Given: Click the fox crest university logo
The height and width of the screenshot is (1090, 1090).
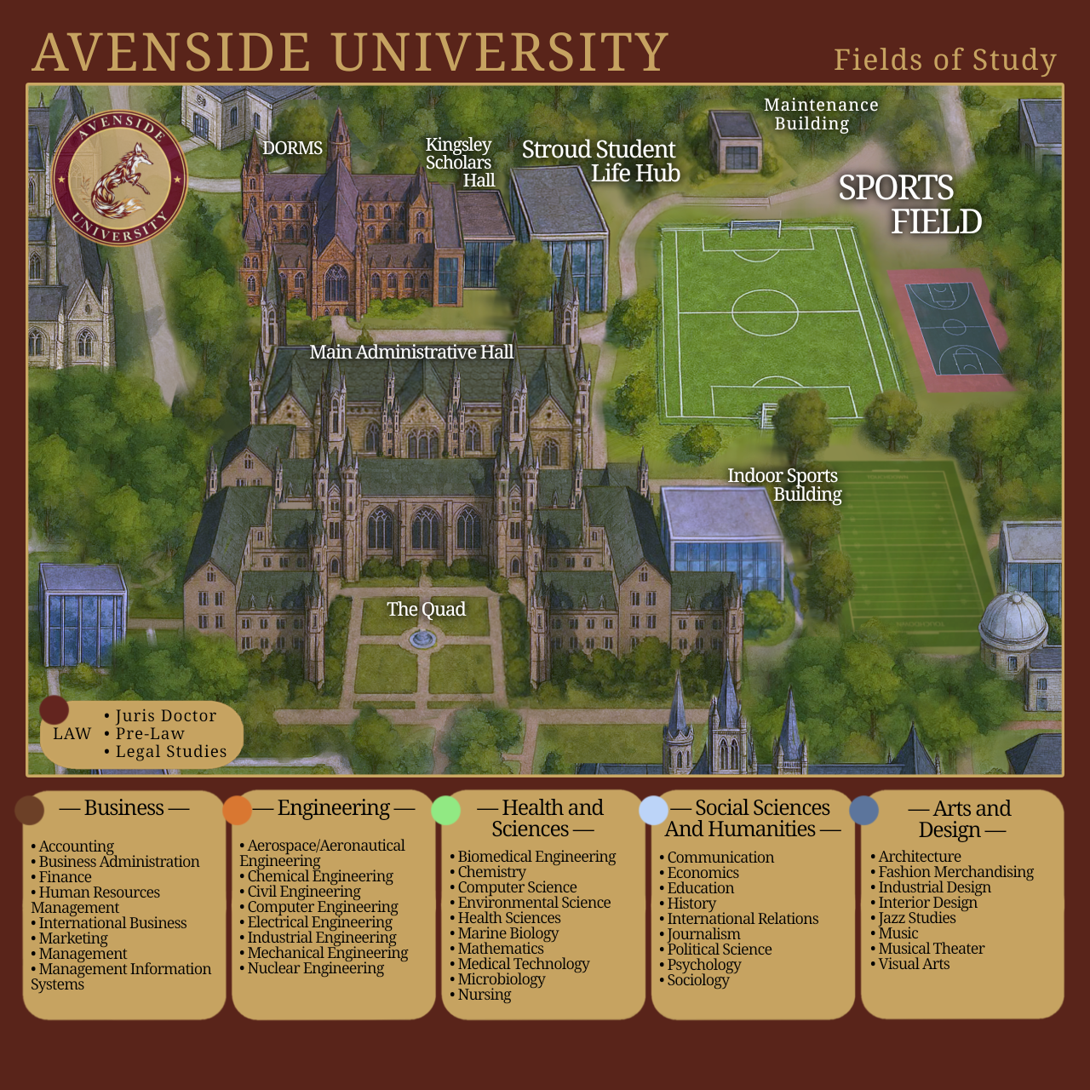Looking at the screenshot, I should pos(119,177).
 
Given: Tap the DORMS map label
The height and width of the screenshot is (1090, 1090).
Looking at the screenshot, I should pos(292,148).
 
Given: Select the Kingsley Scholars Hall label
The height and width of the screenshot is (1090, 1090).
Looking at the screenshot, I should pos(461,163).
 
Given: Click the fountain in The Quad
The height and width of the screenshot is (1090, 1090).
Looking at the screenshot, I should pos(421,638).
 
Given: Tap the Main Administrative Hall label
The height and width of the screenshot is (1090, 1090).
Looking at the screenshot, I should pos(411,352).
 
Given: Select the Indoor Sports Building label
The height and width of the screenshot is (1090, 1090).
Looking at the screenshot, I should pos(784,485).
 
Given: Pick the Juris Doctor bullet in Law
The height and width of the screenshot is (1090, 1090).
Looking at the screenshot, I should pos(166,716).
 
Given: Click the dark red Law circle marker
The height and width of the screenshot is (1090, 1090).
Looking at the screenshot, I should pos(54,709).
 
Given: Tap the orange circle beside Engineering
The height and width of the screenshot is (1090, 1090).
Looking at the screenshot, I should pos(238,810).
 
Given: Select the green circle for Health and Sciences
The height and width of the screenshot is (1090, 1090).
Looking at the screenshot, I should pos(446,810).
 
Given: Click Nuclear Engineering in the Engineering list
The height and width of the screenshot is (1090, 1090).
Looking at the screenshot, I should pos(315,968).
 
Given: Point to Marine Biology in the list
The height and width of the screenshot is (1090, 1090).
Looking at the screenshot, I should pos(508,933).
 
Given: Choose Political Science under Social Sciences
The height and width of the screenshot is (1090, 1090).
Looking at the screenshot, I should pos(719,949).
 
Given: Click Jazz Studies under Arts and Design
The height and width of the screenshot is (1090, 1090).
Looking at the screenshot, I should pos(916,918).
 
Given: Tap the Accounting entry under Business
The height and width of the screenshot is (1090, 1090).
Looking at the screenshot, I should pos(76,846).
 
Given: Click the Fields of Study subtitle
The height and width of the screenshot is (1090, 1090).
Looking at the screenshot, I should pos(945,60).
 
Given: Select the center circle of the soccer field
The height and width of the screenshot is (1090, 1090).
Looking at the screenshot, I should pos(765,310).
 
